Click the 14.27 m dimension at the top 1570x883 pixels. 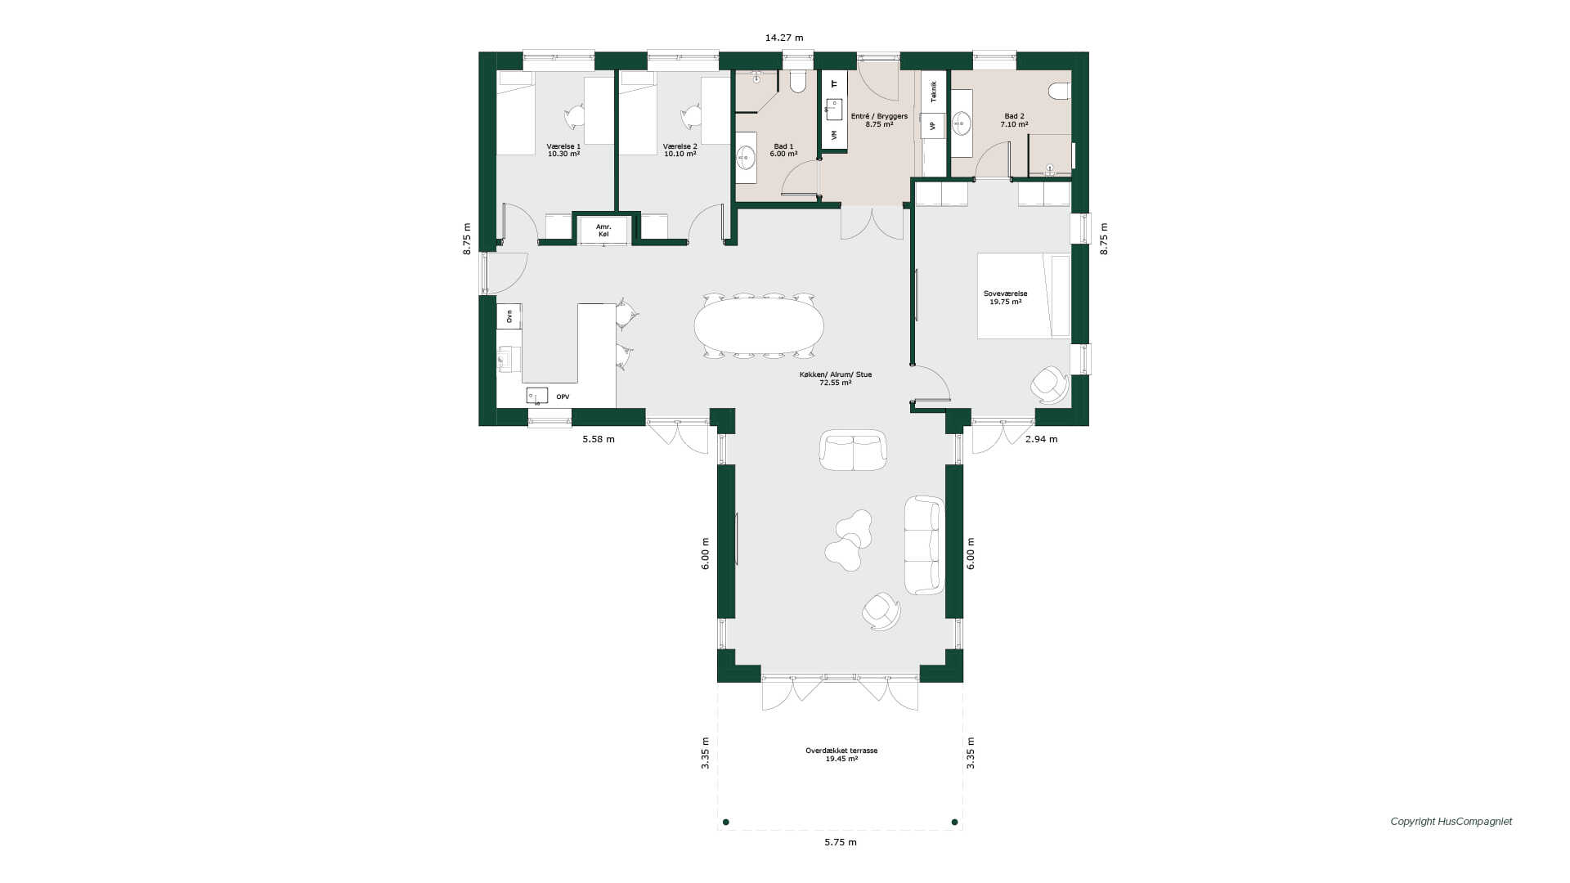pos(784,38)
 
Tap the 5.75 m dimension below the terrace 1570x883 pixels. pos(841,842)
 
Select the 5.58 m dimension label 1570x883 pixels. pos(599,439)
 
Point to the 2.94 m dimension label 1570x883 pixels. pos(1041,439)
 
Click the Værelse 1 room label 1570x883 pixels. pos(563,150)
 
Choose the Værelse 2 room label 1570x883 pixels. pos(680,150)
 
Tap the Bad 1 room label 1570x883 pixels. pos(783,150)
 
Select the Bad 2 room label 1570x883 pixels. pos(1014,120)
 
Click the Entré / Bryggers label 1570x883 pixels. pos(879,120)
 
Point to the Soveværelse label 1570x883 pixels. pos(1005,298)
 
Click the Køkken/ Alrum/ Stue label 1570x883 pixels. pos(836,378)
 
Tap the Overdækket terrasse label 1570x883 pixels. pos(841,755)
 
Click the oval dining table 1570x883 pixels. pos(759,325)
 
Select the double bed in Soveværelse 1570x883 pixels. pos(1024,296)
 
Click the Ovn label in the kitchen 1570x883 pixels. pos(509,316)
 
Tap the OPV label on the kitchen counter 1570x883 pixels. pos(563,397)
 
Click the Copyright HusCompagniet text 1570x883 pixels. pos(1451,822)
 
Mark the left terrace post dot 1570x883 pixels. pos(726,822)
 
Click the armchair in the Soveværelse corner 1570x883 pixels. pos(1050,384)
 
